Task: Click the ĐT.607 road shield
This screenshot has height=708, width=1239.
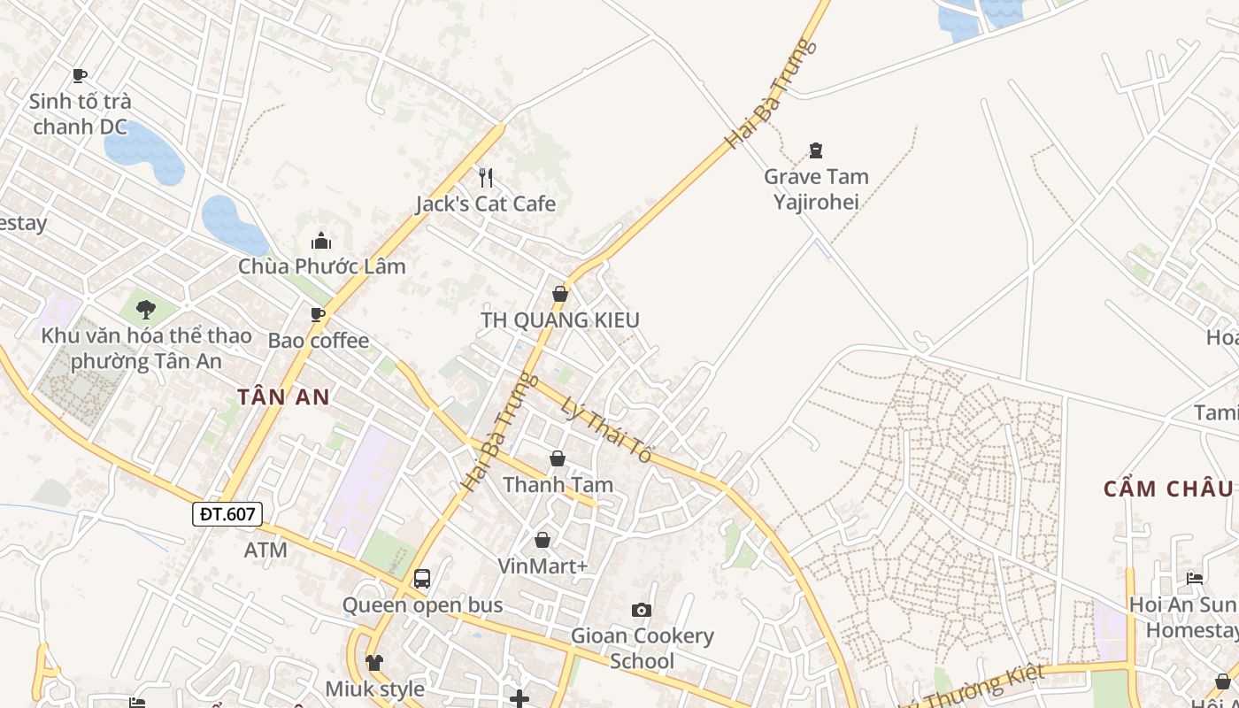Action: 227,513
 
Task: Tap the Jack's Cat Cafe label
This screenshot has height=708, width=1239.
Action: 486,204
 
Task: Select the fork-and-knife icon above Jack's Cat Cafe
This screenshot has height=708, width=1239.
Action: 485,178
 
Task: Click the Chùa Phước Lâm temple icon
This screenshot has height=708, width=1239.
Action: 321,240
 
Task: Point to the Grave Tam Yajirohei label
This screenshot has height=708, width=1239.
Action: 816,189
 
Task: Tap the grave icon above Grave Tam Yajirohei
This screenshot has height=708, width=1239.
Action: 816,150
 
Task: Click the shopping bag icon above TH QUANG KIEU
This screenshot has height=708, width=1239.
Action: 559,294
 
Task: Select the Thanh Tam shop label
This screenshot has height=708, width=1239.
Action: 558,485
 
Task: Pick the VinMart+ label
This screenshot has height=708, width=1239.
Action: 543,566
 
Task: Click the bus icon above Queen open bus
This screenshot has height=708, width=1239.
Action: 422,579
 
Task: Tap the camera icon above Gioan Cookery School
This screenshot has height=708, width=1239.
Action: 642,610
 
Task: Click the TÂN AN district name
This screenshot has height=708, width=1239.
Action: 283,397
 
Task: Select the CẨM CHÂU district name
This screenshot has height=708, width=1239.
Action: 1167,489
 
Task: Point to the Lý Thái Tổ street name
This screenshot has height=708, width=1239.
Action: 607,430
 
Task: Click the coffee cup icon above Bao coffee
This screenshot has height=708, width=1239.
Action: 318,314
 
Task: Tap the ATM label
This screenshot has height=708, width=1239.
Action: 265,550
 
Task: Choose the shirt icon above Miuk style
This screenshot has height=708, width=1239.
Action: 374,663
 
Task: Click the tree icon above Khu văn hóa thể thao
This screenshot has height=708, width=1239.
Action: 146,310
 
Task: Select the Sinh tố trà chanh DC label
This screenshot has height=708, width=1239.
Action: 80,114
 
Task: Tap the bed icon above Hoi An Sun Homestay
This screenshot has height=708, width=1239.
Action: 1195,579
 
